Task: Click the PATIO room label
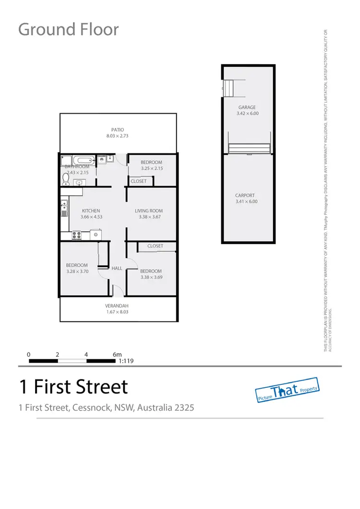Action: click(x=118, y=130)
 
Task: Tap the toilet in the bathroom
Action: click(x=66, y=179)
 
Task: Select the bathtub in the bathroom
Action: click(x=84, y=160)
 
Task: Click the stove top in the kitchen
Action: click(x=76, y=235)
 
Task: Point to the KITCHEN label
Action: click(x=91, y=211)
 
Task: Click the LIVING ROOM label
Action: click(x=149, y=211)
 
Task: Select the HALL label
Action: click(x=117, y=269)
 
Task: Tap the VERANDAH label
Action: click(x=117, y=306)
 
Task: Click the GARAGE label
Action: click(x=247, y=107)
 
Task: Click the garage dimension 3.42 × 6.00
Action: click(x=247, y=114)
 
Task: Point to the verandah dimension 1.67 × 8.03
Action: click(x=117, y=312)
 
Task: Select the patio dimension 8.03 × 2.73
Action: click(x=118, y=136)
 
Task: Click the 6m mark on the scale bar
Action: click(x=117, y=355)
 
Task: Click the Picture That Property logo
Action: click(x=287, y=388)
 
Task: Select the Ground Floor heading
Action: click(x=68, y=29)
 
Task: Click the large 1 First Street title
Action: click(x=73, y=386)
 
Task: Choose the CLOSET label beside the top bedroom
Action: click(x=139, y=181)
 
